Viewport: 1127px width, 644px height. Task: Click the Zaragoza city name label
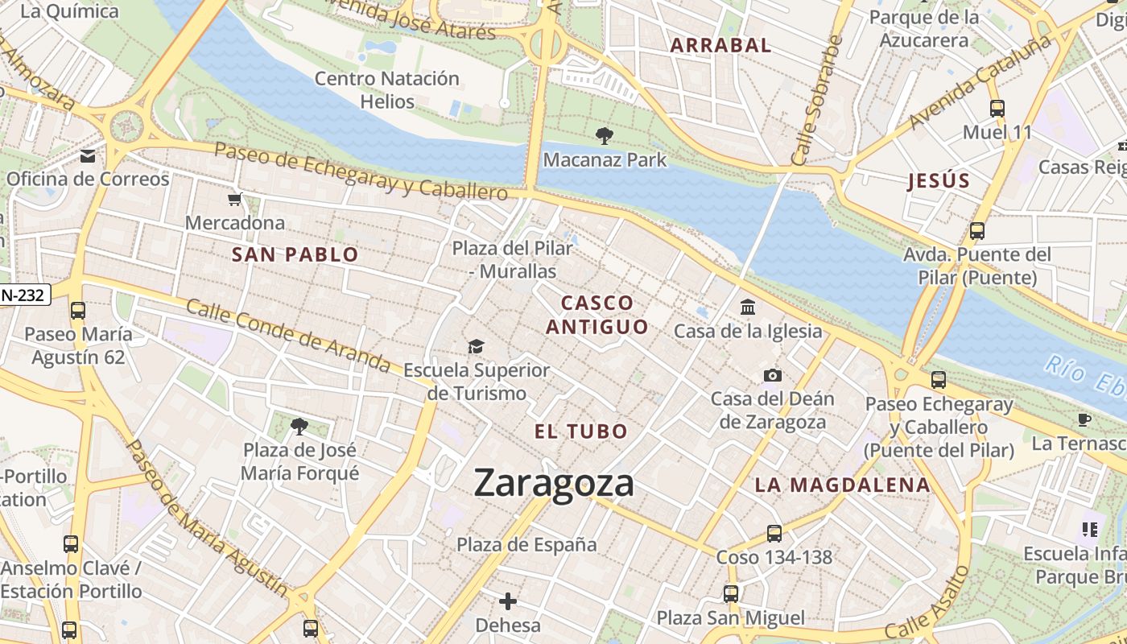554,483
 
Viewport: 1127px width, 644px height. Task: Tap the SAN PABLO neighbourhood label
295,255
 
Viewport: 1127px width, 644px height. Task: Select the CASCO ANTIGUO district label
597,315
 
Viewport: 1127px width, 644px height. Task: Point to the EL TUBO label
581,431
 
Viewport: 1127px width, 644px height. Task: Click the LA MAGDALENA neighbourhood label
843,485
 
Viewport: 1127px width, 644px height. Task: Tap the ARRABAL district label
720,46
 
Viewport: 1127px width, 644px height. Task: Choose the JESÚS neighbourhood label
939,181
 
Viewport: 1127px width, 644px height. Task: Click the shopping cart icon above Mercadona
234,199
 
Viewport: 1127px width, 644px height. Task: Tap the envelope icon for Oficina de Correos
87,156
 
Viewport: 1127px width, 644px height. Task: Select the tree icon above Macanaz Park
604,136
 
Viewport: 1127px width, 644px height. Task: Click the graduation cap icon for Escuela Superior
476,346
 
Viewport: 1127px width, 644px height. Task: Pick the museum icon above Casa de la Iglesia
748,307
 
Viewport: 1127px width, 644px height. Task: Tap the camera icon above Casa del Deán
772,375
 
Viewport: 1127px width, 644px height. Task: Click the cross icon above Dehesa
508,601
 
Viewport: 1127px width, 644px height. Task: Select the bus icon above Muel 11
997,108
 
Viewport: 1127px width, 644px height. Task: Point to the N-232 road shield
24,295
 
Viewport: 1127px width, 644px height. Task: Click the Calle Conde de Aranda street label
288,336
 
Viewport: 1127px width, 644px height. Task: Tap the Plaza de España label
527,545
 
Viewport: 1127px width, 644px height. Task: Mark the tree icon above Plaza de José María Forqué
299,426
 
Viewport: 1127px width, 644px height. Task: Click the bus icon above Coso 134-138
774,533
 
